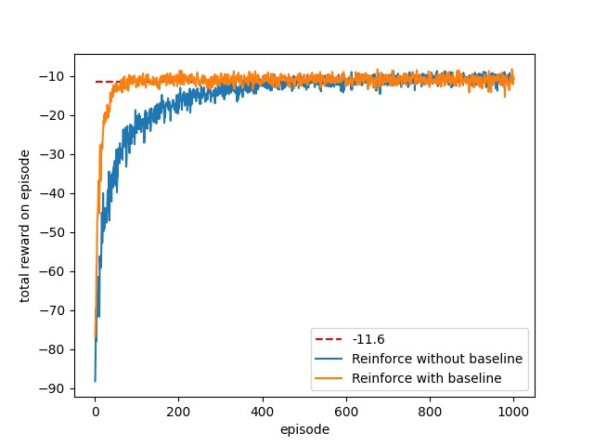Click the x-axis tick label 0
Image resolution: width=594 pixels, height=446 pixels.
pyautogui.click(x=95, y=412)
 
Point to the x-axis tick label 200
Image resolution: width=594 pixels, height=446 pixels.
pyautogui.click(x=178, y=412)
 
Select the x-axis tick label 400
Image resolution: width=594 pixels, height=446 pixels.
pyautogui.click(x=263, y=412)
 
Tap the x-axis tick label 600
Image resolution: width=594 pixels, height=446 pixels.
pyautogui.click(x=346, y=412)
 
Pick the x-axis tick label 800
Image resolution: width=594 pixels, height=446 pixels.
pyautogui.click(x=430, y=412)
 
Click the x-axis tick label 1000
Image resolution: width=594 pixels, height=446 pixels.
pyautogui.click(x=513, y=412)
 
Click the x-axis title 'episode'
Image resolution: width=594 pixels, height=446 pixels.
pyautogui.click(x=304, y=429)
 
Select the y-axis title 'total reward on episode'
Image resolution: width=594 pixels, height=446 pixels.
pyautogui.click(x=25, y=226)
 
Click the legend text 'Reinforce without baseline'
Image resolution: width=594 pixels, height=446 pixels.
pyautogui.click(x=436, y=359)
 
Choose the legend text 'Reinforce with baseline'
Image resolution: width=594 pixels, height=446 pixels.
pyautogui.click(x=427, y=377)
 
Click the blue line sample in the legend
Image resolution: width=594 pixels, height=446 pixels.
pyautogui.click(x=331, y=359)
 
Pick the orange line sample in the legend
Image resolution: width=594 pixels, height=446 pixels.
pyautogui.click(x=331, y=377)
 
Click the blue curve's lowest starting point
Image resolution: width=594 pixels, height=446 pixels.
pyautogui.click(x=95, y=381)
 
